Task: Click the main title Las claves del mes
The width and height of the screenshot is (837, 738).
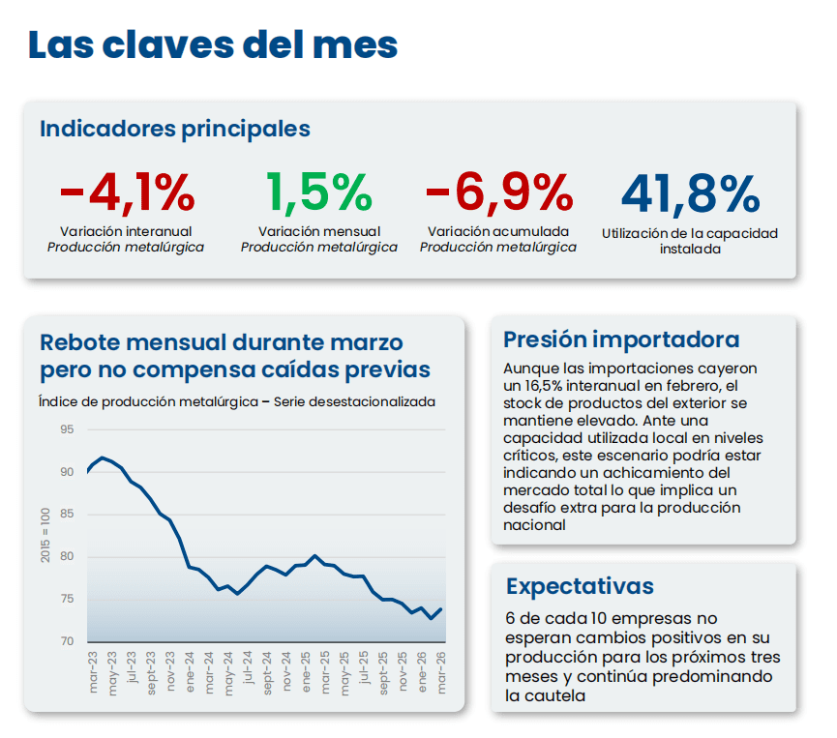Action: (212, 46)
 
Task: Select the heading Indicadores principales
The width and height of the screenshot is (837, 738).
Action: (174, 129)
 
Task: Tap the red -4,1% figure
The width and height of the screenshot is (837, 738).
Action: (127, 192)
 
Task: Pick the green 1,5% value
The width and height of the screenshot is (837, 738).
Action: (318, 192)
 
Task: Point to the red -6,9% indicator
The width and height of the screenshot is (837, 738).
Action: (498, 192)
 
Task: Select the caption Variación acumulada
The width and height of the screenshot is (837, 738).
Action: (498, 232)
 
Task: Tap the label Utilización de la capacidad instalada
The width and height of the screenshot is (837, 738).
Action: (689, 241)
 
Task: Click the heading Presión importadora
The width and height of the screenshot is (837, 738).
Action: (621, 339)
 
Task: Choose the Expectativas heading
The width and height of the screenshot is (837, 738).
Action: (580, 586)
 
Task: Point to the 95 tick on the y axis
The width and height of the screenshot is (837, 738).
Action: (67, 428)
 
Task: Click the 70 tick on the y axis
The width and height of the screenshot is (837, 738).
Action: (67, 641)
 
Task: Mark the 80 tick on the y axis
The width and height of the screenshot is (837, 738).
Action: (67, 556)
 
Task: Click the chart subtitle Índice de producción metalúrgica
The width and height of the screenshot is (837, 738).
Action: (150, 401)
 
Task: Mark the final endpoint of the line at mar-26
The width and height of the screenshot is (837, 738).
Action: (441, 609)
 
